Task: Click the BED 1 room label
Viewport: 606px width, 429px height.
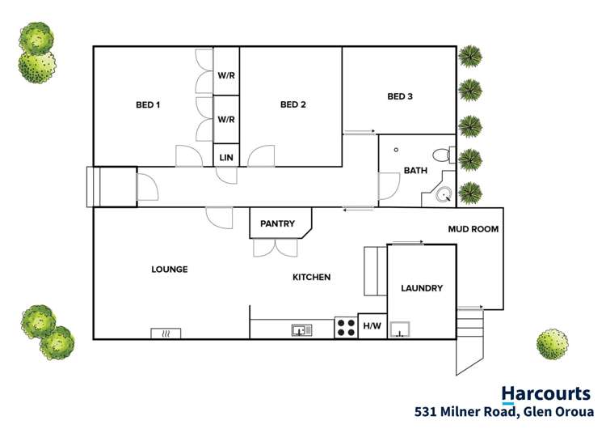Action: point(147,104)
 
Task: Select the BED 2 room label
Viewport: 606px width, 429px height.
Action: point(293,104)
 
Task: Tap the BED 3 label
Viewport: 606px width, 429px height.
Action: point(400,97)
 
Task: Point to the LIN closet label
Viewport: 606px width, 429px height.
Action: point(226,157)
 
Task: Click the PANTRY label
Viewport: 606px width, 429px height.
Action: point(277,224)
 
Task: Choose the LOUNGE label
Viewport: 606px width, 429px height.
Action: point(170,270)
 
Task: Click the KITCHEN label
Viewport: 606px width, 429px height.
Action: point(311,278)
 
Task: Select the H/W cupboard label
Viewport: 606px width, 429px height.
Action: point(372,326)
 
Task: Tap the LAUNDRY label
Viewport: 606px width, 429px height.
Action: point(422,288)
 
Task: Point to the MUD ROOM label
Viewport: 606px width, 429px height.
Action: point(473,230)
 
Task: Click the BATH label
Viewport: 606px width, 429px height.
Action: point(415,171)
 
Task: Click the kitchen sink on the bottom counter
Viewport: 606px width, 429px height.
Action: point(301,330)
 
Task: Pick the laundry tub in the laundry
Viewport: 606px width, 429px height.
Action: point(399,329)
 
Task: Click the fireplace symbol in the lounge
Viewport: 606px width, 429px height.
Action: point(166,333)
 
